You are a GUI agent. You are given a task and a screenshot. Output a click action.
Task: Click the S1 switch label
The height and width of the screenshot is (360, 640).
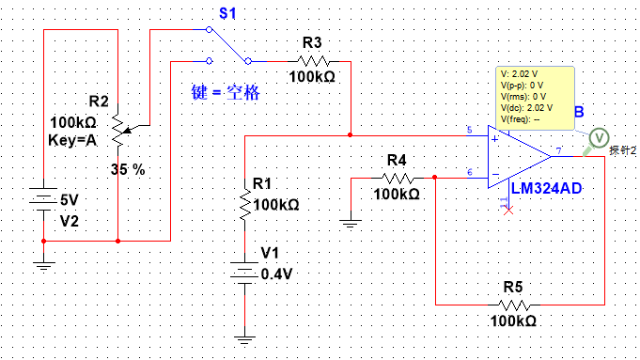click(227, 13)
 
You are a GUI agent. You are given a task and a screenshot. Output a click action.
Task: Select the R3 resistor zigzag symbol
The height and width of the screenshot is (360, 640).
click(313, 62)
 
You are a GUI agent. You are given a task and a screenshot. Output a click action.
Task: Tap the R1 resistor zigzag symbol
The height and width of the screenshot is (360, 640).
click(245, 205)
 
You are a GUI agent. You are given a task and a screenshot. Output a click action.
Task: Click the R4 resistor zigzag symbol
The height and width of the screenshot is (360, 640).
click(398, 178)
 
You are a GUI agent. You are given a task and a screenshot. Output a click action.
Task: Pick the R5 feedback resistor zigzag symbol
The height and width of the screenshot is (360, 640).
click(514, 305)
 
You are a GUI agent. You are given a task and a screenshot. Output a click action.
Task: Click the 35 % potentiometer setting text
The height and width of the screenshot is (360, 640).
click(128, 169)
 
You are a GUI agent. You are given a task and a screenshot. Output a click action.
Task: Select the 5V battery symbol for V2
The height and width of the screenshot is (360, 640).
click(43, 199)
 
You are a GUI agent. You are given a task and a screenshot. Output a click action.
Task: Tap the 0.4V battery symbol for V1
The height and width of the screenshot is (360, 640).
click(244, 273)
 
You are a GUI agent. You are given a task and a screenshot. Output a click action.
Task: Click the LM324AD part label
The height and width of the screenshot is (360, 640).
click(546, 188)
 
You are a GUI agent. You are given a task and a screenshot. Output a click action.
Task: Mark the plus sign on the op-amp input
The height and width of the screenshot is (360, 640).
click(495, 139)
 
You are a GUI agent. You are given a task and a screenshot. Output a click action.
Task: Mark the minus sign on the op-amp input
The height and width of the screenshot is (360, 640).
click(495, 174)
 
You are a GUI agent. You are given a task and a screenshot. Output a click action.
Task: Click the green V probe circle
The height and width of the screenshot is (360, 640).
click(599, 138)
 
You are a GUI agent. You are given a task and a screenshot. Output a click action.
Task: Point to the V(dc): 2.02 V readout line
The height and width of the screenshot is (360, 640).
click(526, 108)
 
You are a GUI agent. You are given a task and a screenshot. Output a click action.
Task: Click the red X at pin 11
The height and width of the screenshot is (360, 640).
click(508, 211)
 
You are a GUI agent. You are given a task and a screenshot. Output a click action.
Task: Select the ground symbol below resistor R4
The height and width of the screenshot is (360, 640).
click(351, 224)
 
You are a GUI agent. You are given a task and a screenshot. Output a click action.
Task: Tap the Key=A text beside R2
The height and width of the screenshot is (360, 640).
click(72, 140)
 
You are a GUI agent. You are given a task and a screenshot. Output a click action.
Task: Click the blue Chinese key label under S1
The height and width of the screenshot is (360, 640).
click(226, 92)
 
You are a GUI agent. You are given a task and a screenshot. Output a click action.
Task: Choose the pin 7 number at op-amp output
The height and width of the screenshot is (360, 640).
click(559, 150)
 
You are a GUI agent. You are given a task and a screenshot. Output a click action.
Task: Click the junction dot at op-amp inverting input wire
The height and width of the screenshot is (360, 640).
click(435, 177)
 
